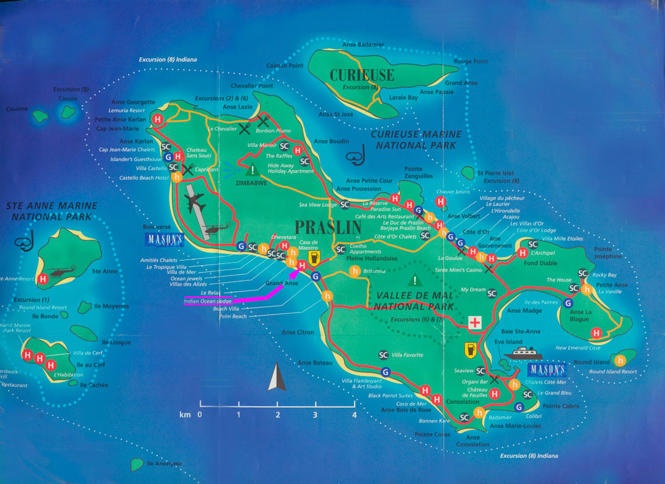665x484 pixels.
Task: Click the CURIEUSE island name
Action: pos(362,75)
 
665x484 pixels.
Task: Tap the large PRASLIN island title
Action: pos(328,227)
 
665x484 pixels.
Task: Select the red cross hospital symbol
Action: pos(474,324)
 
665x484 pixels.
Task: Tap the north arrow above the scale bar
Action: pos(277,377)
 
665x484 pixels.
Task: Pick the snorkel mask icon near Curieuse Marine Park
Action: pos(354,156)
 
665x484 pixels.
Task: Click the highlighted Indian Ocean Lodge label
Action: pos(207,301)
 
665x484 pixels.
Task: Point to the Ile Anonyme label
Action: pos(164,464)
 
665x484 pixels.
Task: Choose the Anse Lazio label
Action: pos(238,107)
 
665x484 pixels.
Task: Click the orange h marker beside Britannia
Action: pos(354,271)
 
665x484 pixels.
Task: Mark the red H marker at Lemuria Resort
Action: pos(159,119)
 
